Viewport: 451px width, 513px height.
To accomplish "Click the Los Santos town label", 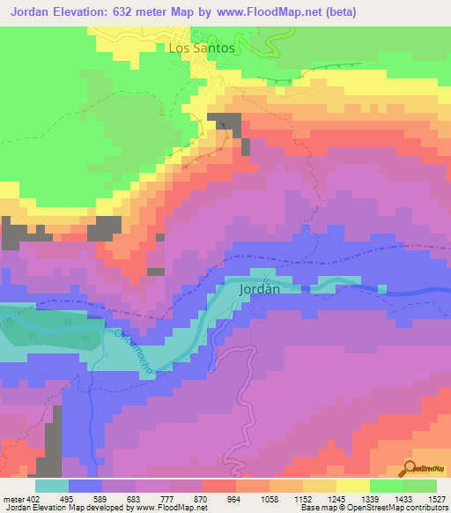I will [x=201, y=48].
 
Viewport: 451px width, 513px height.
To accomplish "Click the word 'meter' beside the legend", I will [x=11, y=499].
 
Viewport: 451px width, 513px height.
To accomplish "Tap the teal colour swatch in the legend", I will [x=52, y=486].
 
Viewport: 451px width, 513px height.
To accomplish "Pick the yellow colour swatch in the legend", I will [x=353, y=486].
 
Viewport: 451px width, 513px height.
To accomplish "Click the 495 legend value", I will [x=66, y=499].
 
